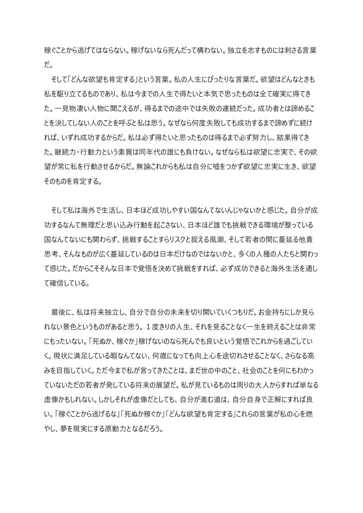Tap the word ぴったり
point(235,80)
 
